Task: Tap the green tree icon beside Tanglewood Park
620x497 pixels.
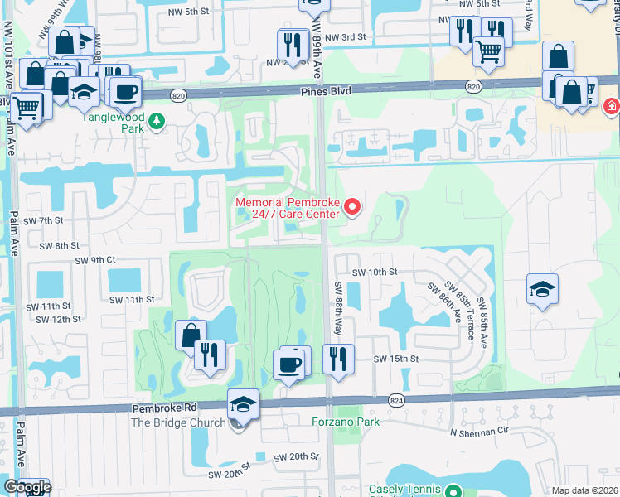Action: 157,123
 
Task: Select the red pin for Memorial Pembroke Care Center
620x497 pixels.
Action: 353,208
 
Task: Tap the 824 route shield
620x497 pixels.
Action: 395,399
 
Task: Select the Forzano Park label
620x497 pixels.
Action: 345,422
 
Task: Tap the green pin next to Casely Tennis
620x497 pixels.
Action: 452,490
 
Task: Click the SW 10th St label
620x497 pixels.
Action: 375,272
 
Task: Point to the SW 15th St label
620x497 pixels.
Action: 392,359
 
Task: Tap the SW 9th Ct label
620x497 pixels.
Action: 94,259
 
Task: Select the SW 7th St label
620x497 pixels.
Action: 44,220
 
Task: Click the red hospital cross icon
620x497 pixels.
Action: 612,106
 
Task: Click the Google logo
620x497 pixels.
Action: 27,487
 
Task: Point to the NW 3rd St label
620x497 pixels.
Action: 346,37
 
